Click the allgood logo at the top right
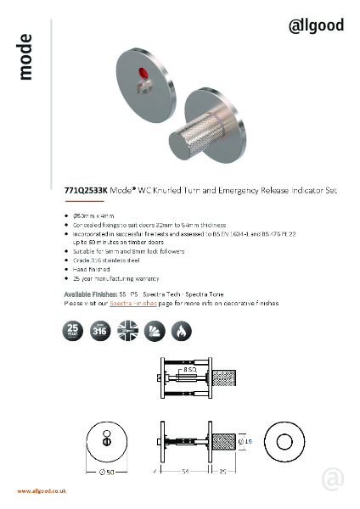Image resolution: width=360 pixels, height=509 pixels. point(316,25)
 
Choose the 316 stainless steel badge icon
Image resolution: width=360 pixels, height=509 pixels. point(100,330)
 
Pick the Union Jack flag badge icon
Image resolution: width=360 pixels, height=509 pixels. point(127,330)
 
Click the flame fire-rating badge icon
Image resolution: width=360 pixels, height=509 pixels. point(181,330)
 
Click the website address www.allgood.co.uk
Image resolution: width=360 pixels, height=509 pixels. point(42,491)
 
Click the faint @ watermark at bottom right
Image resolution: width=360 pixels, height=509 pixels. point(333,479)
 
